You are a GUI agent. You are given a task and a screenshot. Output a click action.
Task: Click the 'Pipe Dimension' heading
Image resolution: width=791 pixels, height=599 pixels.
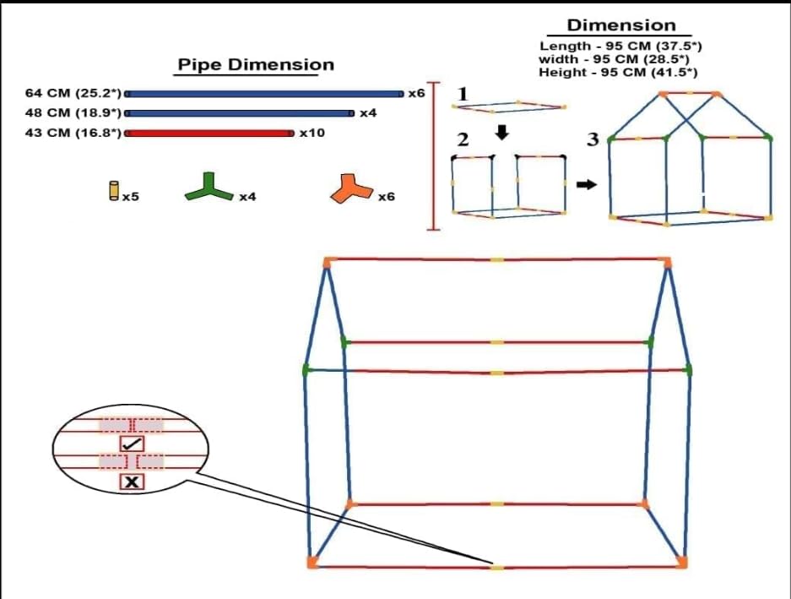tap(256, 65)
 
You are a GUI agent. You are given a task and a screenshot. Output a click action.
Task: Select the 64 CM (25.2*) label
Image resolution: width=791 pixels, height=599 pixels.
tap(73, 94)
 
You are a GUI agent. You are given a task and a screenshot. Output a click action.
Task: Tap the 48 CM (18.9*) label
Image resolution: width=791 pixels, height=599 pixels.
tap(73, 112)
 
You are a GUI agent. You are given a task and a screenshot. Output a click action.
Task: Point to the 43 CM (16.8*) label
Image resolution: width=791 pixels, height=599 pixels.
tap(73, 133)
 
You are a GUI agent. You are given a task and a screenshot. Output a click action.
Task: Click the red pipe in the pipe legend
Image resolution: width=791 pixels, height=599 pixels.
tap(209, 133)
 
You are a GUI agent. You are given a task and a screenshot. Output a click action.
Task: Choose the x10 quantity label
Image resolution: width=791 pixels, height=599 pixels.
tap(312, 133)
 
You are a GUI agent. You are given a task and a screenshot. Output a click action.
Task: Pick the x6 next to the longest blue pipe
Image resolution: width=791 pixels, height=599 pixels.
tap(417, 94)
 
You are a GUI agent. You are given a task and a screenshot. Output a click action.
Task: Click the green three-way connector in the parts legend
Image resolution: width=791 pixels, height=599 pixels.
tap(209, 187)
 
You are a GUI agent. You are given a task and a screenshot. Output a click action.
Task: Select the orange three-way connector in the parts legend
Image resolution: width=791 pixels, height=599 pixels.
tap(352, 188)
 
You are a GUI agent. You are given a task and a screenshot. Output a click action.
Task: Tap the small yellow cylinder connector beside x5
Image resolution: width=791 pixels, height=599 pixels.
tap(114, 191)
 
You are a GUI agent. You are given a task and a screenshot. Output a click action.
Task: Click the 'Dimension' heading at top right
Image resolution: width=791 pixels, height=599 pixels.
tap(621, 25)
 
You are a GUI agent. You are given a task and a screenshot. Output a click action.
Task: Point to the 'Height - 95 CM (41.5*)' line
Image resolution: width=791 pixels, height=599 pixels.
tap(618, 72)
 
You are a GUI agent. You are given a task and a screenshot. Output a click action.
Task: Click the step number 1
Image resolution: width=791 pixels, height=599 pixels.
tap(463, 94)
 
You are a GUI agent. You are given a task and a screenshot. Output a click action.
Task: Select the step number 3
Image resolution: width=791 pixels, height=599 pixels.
tap(593, 139)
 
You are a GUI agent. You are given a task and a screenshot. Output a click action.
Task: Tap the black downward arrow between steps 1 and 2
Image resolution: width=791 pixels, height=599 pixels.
tap(502, 133)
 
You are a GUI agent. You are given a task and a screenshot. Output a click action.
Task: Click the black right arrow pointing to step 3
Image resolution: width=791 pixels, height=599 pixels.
tap(587, 185)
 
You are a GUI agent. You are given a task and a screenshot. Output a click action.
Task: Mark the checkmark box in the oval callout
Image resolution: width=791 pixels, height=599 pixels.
tap(133, 444)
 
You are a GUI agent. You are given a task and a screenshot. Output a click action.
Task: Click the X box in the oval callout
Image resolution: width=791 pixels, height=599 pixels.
tap(133, 482)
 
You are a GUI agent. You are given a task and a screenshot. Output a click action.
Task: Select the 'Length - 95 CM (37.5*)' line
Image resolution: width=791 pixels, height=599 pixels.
tap(620, 46)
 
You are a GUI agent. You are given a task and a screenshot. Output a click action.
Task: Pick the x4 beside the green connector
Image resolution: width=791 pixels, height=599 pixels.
tap(247, 197)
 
